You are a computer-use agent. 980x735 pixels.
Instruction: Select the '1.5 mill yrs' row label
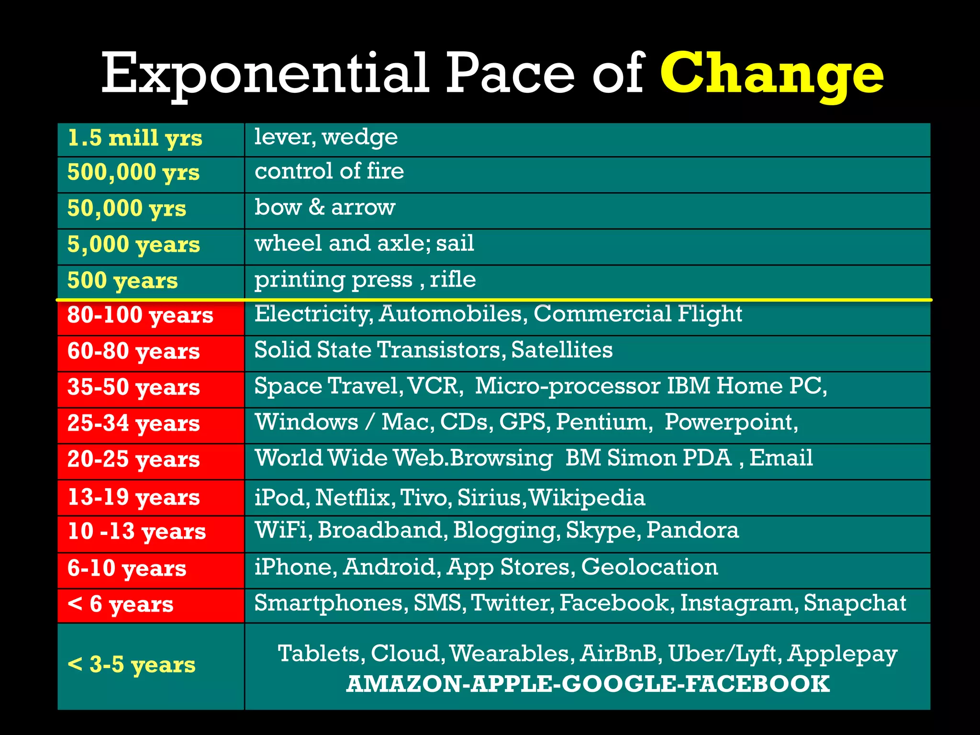(x=135, y=138)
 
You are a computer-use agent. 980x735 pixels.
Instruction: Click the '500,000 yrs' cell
(x=134, y=173)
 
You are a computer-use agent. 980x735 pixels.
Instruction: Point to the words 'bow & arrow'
(x=325, y=207)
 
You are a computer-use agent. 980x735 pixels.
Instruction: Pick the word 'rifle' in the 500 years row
(x=453, y=279)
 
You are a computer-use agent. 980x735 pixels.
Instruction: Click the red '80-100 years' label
(x=140, y=315)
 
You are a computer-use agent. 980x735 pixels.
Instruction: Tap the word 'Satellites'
(x=562, y=350)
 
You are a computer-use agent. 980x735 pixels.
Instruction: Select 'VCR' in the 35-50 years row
(x=435, y=386)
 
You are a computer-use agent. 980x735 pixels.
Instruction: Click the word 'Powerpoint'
(x=730, y=422)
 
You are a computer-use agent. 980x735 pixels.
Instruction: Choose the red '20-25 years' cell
(x=134, y=459)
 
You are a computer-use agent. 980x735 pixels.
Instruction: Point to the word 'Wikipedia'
(x=587, y=498)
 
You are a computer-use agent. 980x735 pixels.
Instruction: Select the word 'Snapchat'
(x=855, y=603)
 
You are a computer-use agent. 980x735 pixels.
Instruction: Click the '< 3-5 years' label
(x=132, y=665)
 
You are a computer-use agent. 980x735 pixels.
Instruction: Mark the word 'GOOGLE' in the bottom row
(x=619, y=684)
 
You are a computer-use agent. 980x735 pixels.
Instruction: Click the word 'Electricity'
(x=313, y=314)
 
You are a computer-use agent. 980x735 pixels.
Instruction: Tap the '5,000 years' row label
(x=134, y=245)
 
